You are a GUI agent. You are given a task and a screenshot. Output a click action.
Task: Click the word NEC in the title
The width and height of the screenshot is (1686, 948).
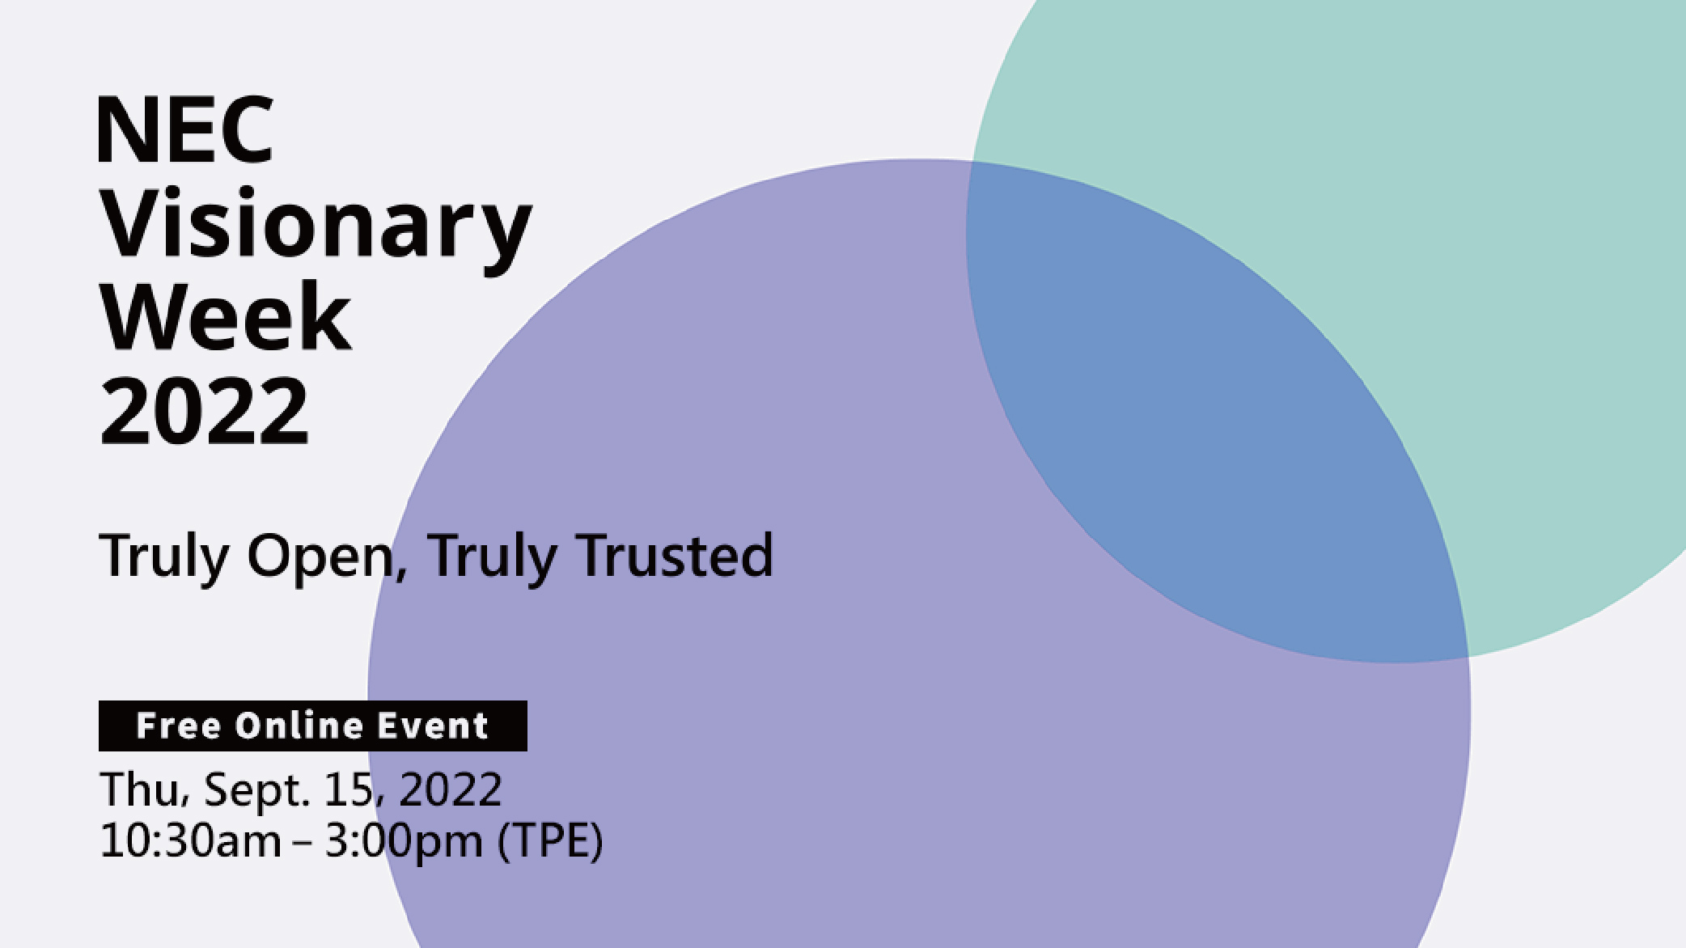185,129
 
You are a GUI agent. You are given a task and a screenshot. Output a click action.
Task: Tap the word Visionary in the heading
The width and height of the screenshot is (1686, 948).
316,231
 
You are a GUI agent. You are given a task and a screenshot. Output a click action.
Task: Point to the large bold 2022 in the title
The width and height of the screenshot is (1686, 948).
205,412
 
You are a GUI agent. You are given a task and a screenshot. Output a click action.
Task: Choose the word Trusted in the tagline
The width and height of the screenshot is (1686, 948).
676,556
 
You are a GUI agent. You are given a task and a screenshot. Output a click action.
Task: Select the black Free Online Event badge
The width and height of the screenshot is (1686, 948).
313,726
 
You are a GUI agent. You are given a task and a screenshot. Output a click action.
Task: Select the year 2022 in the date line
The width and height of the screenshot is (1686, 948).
451,790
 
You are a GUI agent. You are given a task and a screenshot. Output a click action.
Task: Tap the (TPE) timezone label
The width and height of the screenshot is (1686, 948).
550,842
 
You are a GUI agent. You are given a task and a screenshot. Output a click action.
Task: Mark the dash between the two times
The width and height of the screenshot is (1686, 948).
303,844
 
